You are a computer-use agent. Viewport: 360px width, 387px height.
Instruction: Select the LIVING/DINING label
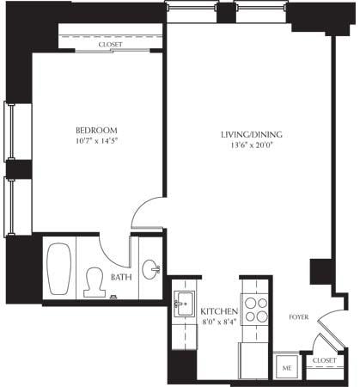(252, 135)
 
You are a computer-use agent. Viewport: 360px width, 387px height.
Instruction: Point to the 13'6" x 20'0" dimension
(252, 147)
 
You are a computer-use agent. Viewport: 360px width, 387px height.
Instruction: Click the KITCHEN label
(218, 311)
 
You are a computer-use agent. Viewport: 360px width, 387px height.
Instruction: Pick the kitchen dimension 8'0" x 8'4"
(218, 322)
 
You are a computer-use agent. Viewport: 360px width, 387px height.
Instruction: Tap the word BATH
(121, 277)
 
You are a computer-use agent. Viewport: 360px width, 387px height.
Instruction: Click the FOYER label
(297, 316)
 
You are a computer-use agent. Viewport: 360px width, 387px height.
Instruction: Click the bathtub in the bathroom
(59, 269)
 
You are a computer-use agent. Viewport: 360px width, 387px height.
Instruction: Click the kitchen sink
(184, 304)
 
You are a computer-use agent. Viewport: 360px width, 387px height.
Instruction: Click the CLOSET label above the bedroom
(110, 44)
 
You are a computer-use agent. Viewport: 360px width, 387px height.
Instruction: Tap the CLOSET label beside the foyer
(325, 360)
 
